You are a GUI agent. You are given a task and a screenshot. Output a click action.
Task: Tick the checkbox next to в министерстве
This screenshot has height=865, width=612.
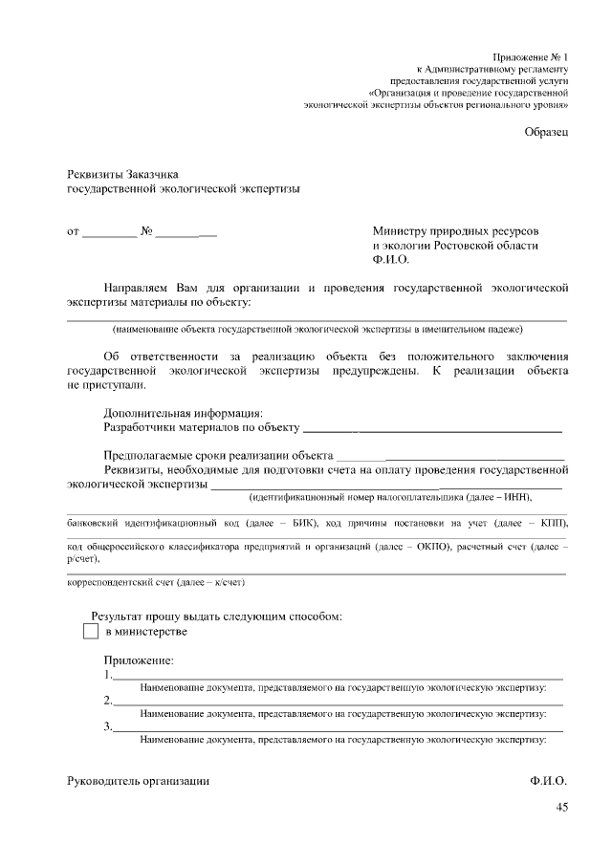click(x=91, y=632)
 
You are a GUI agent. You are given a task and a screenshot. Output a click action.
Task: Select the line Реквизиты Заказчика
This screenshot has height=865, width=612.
click(x=122, y=174)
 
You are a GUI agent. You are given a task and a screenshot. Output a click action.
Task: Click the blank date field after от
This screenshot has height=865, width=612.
click(x=110, y=233)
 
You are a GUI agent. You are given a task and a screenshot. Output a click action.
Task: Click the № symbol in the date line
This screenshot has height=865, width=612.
click(x=146, y=231)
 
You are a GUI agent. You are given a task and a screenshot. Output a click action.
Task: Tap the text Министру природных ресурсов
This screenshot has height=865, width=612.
click(x=455, y=231)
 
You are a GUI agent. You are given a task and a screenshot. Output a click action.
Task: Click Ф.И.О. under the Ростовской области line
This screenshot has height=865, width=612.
click(x=390, y=259)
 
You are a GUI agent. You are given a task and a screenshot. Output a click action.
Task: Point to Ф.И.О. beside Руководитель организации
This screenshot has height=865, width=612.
click(x=548, y=781)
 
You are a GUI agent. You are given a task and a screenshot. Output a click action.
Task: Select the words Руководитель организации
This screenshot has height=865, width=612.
click(x=138, y=781)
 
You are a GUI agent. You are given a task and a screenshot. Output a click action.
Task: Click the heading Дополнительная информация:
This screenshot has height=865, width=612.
click(x=183, y=413)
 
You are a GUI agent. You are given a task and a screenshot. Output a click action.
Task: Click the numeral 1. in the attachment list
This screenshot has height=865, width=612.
click(x=108, y=674)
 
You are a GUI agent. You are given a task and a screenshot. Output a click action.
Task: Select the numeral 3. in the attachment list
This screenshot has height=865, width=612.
click(x=108, y=727)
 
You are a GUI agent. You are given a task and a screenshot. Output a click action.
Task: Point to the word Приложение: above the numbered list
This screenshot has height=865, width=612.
click(x=138, y=660)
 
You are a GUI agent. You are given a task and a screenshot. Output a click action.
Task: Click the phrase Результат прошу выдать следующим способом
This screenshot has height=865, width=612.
click(x=216, y=616)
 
